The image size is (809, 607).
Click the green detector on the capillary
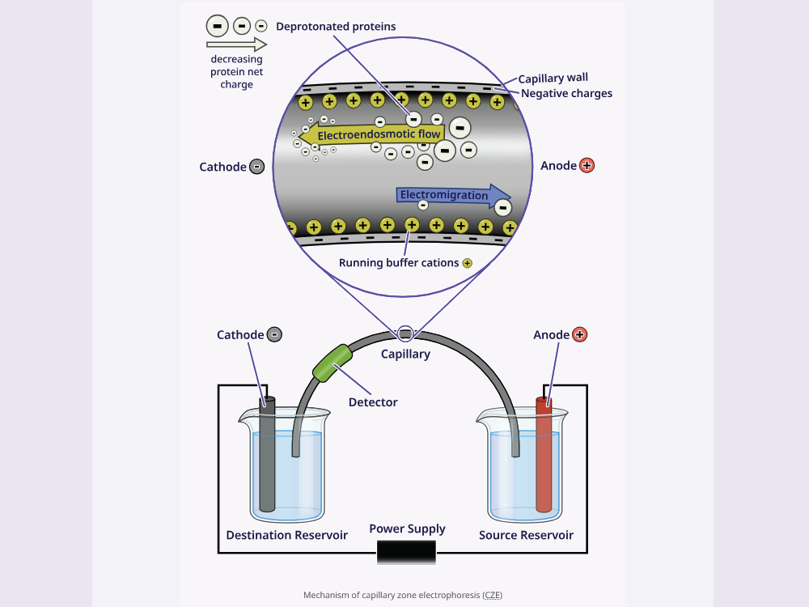pos(332,363)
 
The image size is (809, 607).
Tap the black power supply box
pos(407,552)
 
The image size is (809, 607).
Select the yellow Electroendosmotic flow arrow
pos(371,134)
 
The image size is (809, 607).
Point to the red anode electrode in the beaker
pos(544,454)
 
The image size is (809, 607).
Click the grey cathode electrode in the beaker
pos(267,454)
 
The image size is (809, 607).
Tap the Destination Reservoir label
pos(287,535)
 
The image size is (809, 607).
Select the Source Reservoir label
pos(526,535)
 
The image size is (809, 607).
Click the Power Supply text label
pos(407,529)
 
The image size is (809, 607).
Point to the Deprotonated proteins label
pos(336,27)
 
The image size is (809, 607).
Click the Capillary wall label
pos(553,78)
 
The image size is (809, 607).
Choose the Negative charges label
pos(566,93)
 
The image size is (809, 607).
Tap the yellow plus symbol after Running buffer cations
pos(468,263)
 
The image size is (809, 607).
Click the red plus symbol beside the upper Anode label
pos(587,166)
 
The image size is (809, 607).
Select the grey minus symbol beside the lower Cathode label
pos(274,334)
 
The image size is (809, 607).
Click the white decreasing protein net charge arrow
pos(236,45)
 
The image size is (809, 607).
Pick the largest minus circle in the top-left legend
pos(217,26)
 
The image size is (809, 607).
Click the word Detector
pos(373,402)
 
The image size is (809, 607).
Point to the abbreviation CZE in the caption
pos(493,595)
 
